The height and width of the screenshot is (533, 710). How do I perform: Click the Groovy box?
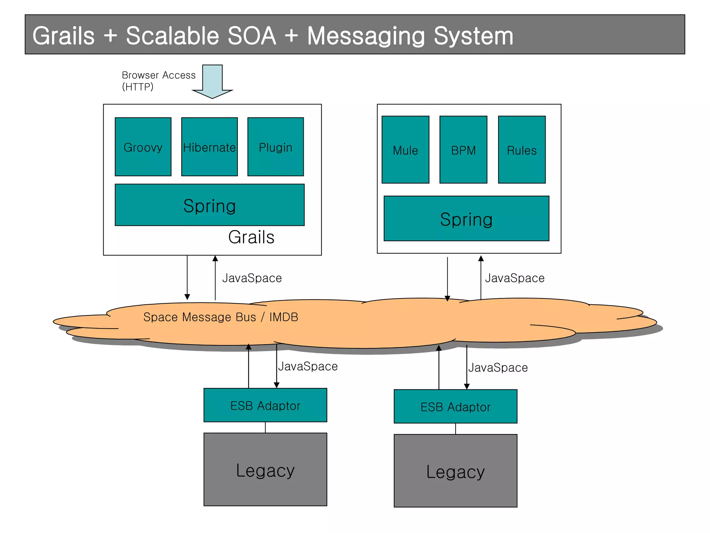coord(143,147)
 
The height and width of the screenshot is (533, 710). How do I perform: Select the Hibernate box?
coord(209,147)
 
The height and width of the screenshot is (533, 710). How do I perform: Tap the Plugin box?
coord(276,147)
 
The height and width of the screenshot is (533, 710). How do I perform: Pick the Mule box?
coord(405,150)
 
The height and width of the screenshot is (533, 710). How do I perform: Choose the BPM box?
coord(463,150)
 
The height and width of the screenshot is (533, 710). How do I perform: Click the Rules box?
coord(522,150)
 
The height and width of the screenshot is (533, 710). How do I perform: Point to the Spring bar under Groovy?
coord(209,205)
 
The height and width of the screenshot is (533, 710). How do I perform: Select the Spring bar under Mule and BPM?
coord(466,219)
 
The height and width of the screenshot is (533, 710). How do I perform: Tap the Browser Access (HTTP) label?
coord(158,81)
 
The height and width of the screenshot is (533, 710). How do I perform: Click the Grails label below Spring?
coord(251,237)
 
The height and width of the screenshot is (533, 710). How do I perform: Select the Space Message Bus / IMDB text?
coord(220,317)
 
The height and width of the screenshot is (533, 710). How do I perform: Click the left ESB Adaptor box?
coord(265,405)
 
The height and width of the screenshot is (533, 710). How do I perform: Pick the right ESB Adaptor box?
coord(455,407)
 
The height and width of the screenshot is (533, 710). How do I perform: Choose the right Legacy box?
coord(455,471)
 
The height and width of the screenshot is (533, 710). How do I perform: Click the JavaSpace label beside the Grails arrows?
coord(252,278)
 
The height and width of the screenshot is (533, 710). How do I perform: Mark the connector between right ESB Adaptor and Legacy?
coord(456,429)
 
